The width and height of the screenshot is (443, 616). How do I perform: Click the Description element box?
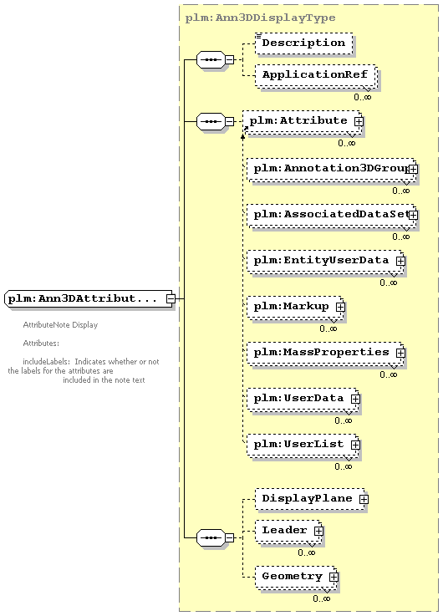pos(303,43)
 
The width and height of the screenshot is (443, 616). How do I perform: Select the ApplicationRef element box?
pos(316,75)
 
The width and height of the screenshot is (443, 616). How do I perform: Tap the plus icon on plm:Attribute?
pos(359,122)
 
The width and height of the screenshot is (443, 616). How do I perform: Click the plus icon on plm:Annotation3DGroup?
pos(413,170)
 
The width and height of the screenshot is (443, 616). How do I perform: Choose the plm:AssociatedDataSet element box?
pos(331,216)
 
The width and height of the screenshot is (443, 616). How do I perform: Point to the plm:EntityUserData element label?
pos(321,261)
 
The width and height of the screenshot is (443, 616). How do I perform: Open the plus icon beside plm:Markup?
pos(340,307)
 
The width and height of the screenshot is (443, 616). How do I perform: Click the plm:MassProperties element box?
pos(325,354)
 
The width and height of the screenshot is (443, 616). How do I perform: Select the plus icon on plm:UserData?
pos(355,399)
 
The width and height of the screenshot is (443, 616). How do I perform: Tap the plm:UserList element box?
pos(303,445)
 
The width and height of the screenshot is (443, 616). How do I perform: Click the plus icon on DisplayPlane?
pos(364,499)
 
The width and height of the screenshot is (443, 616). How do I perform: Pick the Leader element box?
pos(288,531)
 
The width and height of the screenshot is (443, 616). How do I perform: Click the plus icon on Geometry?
pos(334,577)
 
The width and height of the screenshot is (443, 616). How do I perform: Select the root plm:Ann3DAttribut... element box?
pos(89,299)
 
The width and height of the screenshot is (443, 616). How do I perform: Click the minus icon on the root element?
pos(170,299)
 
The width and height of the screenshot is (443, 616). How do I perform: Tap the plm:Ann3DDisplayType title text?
pos(260,18)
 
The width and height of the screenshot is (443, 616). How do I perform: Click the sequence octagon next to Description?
pos(211,59)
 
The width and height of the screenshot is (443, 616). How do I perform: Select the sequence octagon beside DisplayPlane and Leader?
pos(211,537)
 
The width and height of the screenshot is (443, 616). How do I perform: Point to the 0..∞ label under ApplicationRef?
pos(362,97)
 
